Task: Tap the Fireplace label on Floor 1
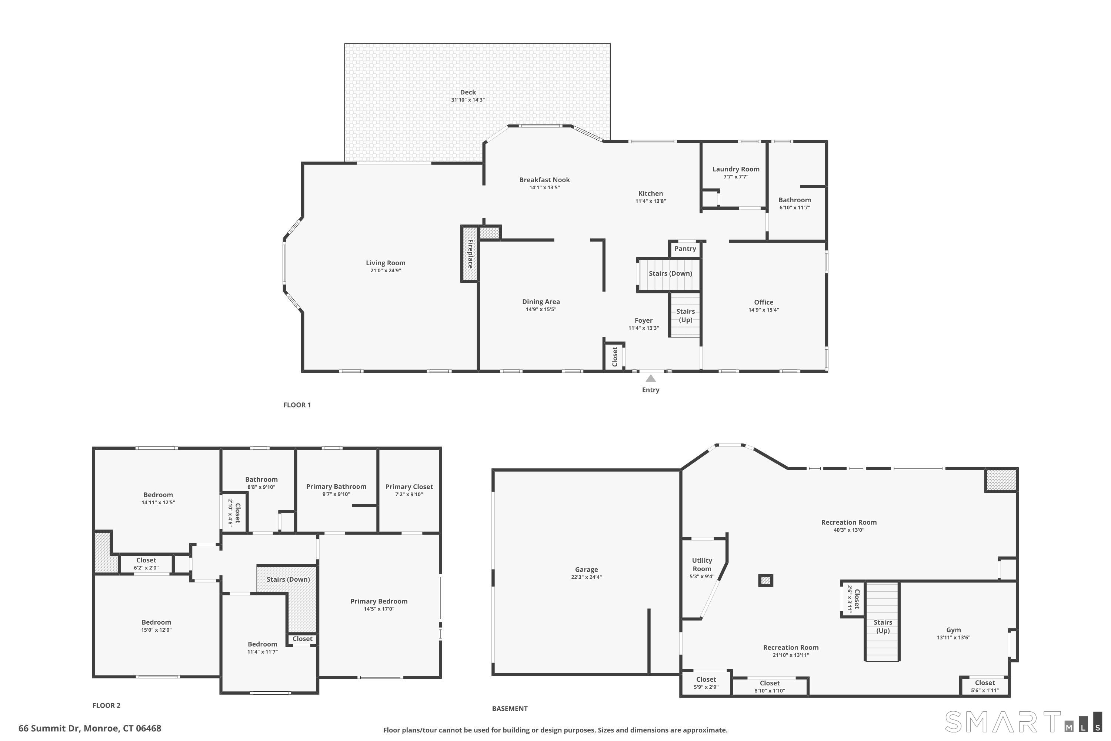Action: pos(470,254)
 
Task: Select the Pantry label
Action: pos(685,249)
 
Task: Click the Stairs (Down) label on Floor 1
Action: pos(670,273)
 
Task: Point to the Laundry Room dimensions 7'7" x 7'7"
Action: pos(735,177)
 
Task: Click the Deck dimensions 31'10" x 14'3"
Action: pos(468,100)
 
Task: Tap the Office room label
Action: pos(763,302)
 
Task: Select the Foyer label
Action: pos(643,320)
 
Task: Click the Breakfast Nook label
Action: pos(544,180)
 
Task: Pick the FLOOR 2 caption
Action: pos(106,705)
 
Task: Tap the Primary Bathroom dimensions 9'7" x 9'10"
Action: pos(336,494)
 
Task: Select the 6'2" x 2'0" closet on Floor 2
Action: pos(146,564)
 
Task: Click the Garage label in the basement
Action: pos(586,569)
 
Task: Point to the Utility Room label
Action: pos(701,564)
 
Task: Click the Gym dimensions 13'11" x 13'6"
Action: pos(953,638)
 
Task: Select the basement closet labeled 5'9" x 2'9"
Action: pos(706,683)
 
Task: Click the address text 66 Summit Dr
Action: pos(90,728)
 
